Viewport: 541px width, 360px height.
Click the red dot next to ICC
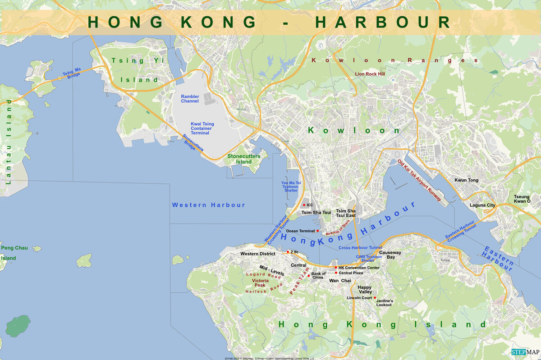[304, 205]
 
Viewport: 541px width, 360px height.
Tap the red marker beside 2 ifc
[288, 252]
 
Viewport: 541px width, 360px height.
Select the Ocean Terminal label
[300, 231]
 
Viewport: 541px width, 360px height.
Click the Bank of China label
[318, 276]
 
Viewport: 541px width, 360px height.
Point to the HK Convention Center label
[359, 268]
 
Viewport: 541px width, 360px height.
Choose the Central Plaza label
[351, 273]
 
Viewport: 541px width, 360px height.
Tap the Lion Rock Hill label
[370, 74]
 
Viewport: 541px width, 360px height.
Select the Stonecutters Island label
[243, 159]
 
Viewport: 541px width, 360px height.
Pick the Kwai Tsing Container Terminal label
[202, 128]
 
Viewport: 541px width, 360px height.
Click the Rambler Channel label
[190, 99]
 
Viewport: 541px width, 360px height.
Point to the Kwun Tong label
[466, 180]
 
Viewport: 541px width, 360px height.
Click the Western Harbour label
[208, 205]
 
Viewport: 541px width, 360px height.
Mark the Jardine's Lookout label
[385, 303]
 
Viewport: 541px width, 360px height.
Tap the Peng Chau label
[14, 248]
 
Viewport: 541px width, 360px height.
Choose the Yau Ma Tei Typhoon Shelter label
[291, 187]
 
